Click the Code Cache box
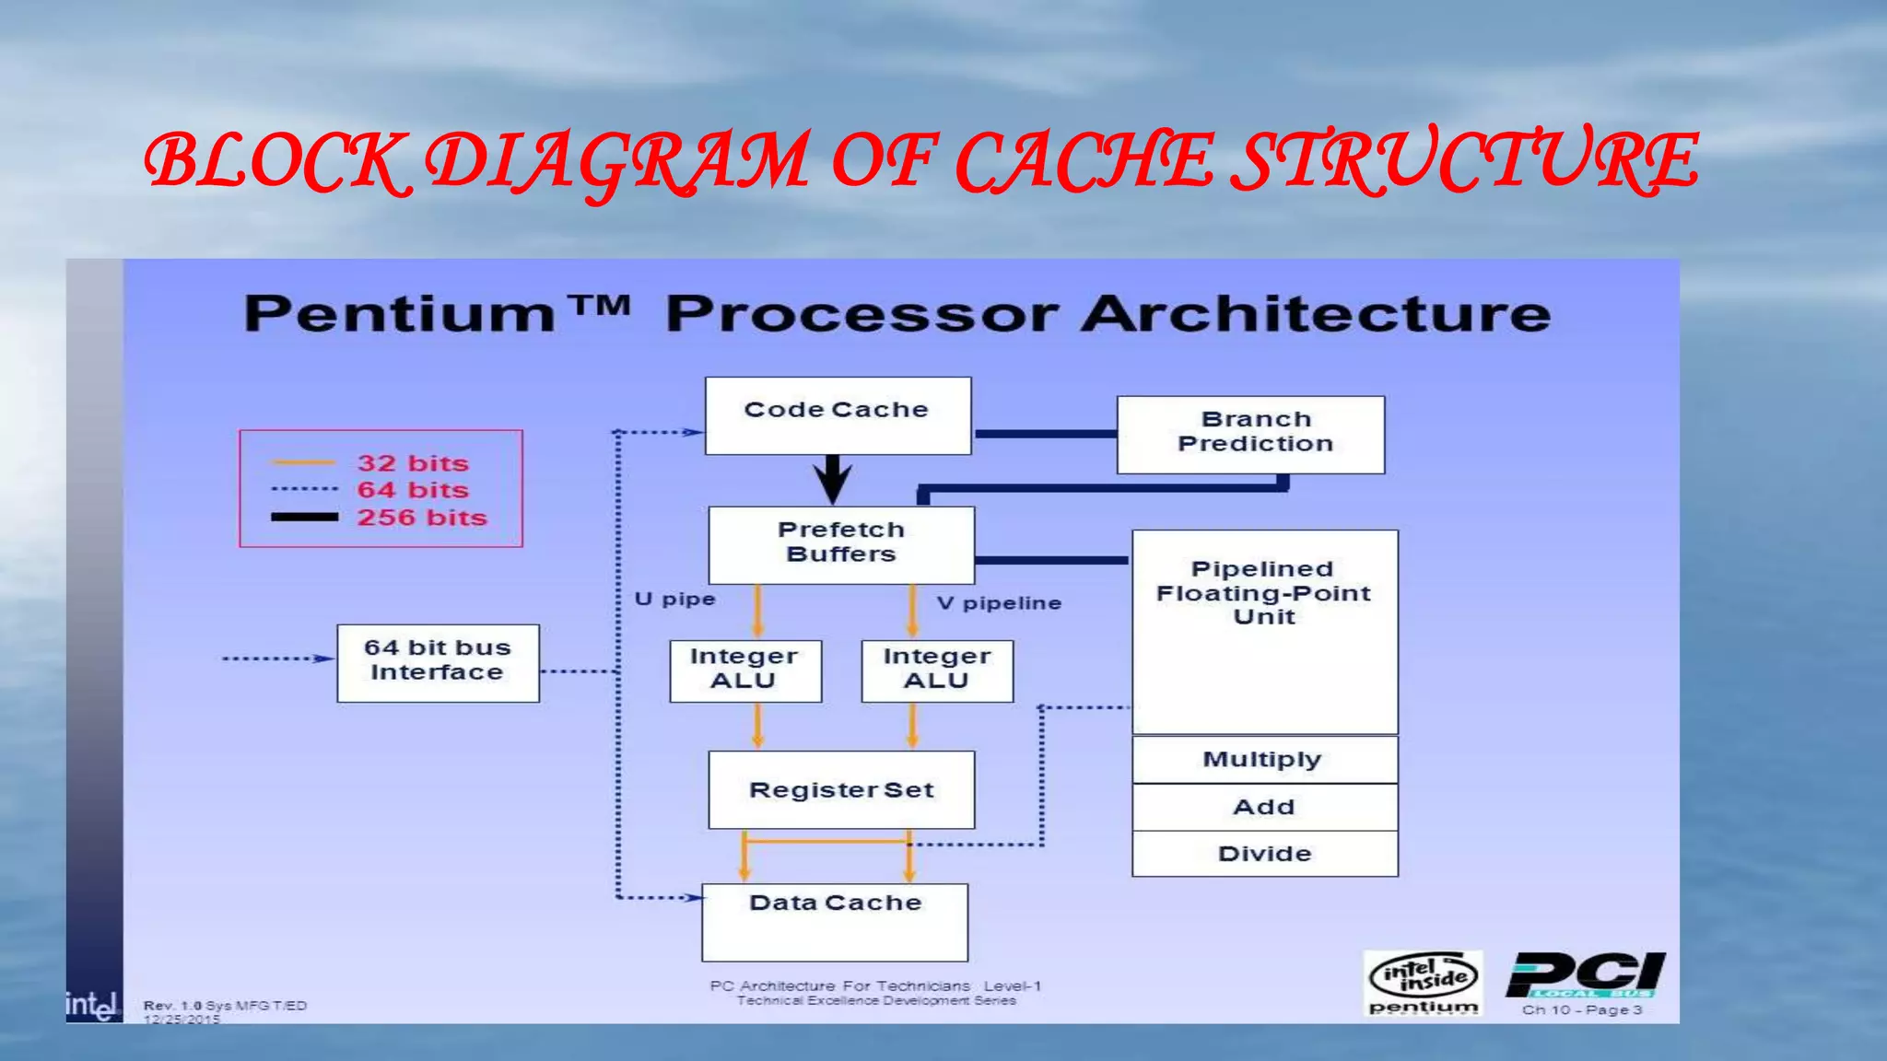point(838,414)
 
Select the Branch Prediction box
point(1250,434)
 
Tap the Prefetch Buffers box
point(840,543)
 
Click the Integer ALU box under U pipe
point(744,670)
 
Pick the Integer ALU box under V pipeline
point(936,670)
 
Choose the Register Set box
point(840,789)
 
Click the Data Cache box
point(835,921)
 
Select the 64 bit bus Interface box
point(438,662)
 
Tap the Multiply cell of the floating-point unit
point(1263,759)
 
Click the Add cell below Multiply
point(1263,807)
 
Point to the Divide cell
point(1263,854)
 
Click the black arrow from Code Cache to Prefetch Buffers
point(833,479)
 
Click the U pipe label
point(674,600)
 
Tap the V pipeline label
point(999,603)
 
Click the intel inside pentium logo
point(1423,983)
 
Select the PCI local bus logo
point(1585,978)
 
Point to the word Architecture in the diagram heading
point(1316,314)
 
